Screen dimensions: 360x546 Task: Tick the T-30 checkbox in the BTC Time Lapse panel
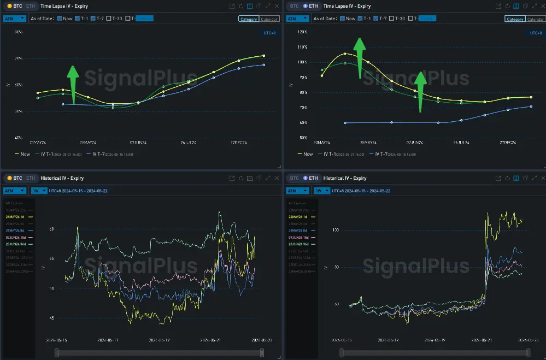click(x=109, y=19)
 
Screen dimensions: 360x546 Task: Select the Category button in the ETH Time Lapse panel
click(x=515, y=19)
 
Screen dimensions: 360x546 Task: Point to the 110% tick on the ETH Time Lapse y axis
click(x=302, y=47)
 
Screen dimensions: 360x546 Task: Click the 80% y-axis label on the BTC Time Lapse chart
click(x=18, y=32)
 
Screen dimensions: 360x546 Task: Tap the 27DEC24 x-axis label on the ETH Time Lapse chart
click(x=508, y=143)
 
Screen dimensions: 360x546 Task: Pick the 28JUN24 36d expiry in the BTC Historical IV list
click(x=20, y=244)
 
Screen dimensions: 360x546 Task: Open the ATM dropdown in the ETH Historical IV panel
click(x=297, y=191)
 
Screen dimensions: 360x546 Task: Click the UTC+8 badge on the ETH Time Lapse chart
click(x=536, y=33)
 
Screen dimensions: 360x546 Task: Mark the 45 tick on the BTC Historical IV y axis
click(x=52, y=318)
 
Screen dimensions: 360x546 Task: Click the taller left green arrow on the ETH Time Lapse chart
click(x=359, y=57)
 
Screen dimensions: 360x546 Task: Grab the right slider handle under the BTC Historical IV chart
click(x=262, y=353)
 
